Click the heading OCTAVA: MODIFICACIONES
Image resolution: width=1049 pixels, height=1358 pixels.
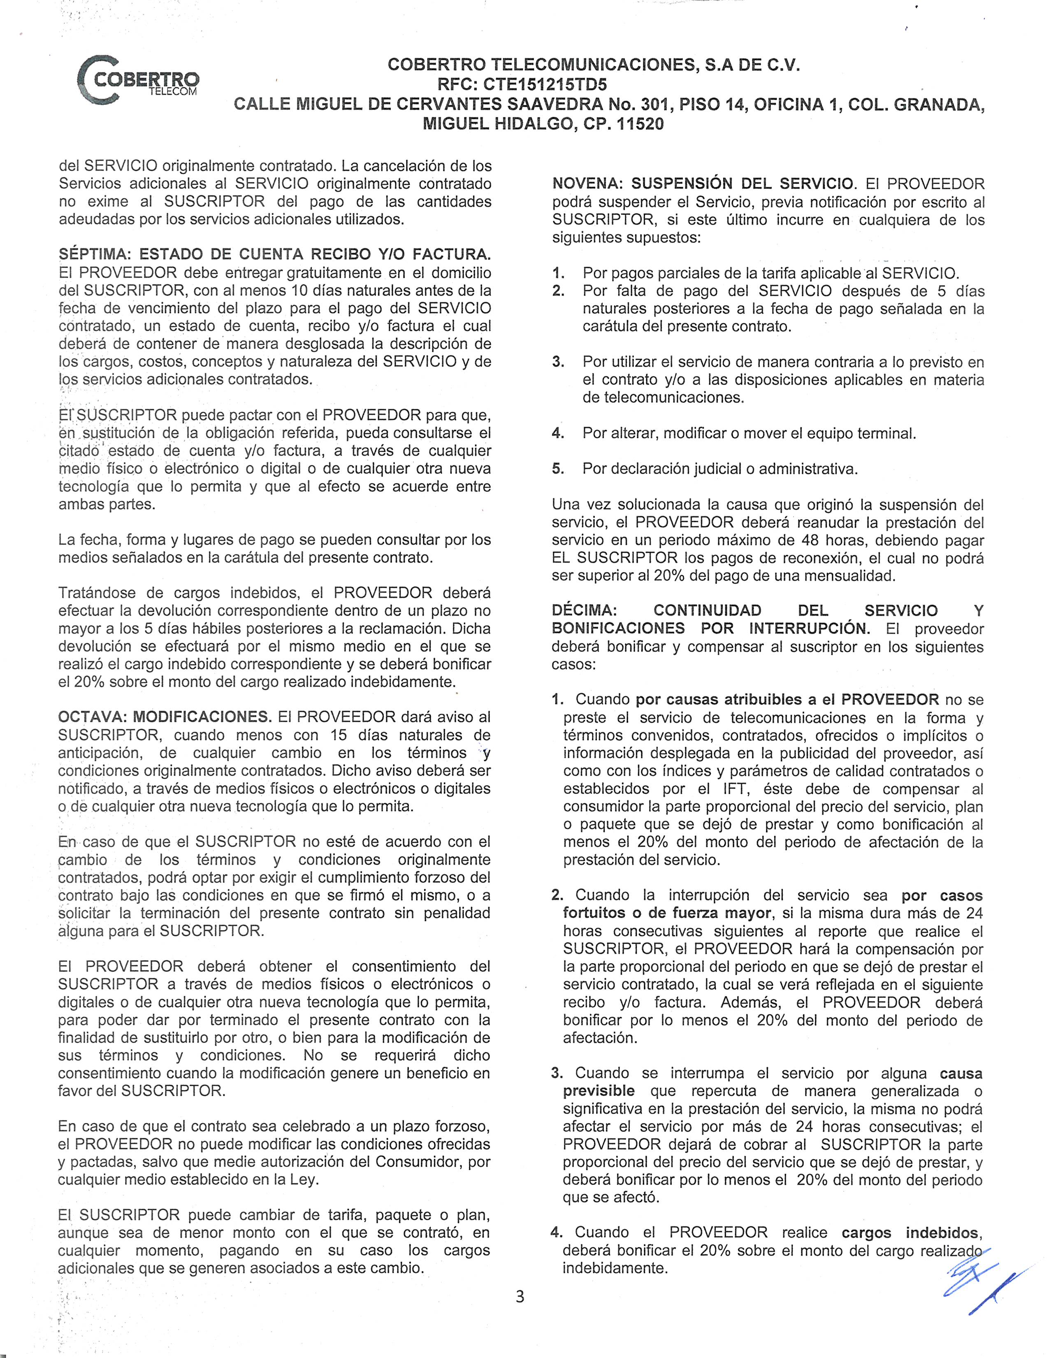(165, 717)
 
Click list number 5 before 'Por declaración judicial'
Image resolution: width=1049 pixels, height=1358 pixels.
(557, 469)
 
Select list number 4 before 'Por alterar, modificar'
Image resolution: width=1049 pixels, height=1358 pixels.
(557, 433)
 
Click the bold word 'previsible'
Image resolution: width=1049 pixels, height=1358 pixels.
(599, 1091)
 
